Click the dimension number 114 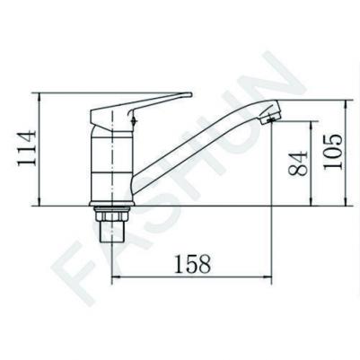point(27,148)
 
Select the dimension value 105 point(332,152)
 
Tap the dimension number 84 point(298,163)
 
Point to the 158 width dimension point(192,264)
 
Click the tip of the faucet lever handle point(189,94)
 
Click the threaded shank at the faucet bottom point(111,232)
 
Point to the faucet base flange point(111,204)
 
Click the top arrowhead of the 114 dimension point(40,96)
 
